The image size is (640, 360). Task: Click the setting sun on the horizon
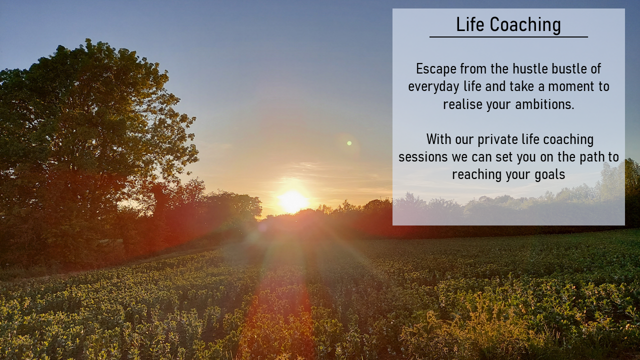pos(293,201)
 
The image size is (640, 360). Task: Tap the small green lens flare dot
pos(349,143)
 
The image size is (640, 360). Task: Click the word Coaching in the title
pos(525,25)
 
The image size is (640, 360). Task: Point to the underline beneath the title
pos(508,37)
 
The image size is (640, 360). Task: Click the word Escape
pos(436,69)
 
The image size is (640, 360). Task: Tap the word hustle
pos(530,69)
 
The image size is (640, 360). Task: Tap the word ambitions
pos(544,104)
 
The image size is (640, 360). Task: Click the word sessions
pos(423,157)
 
